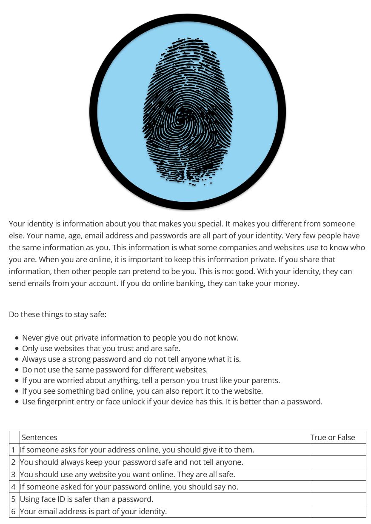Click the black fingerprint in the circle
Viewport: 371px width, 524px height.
188,112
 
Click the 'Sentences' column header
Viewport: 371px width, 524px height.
39,437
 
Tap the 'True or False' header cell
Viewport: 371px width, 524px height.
332,437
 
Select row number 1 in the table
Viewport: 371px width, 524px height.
14,450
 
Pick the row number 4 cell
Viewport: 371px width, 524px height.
14,487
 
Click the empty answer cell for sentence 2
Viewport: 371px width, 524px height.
337,462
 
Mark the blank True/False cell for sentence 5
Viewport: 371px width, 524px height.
337,499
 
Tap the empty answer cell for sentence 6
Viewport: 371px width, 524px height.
337,511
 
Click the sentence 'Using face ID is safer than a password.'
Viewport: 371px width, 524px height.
86,499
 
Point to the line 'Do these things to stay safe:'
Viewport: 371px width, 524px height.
57,314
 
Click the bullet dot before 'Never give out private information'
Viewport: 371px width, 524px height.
17,338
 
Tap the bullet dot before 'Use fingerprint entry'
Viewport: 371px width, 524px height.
17,402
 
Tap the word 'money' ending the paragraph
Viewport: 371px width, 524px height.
286,283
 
